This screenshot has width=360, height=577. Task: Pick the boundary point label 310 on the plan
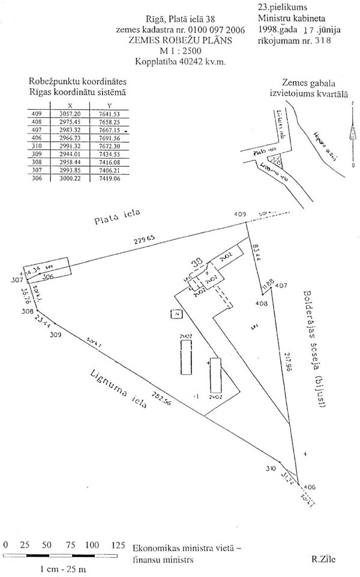click(x=271, y=466)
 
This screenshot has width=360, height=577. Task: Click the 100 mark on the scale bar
click(x=91, y=545)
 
